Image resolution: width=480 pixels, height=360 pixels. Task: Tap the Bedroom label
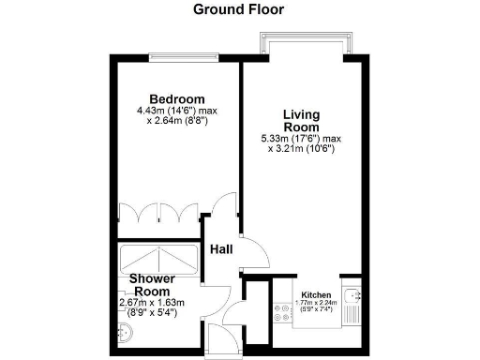tap(177, 99)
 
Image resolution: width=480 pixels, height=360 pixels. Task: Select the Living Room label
tap(302, 121)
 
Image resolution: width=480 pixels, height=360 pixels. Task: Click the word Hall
tap(221, 249)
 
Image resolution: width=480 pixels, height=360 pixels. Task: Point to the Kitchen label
tap(315, 293)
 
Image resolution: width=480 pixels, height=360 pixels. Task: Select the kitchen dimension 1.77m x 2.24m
tap(315, 303)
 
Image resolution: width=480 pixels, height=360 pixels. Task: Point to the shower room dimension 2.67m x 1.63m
tap(153, 302)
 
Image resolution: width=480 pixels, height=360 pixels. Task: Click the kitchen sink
tap(352, 306)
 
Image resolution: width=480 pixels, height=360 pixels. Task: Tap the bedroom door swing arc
tap(223, 207)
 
